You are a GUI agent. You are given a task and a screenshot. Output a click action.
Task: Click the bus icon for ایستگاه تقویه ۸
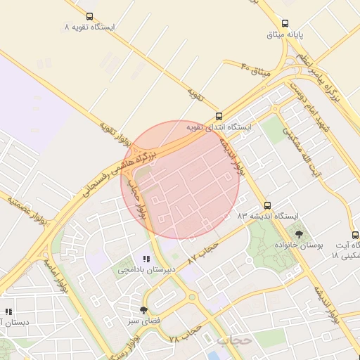89,16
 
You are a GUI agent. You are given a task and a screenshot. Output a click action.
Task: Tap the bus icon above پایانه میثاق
285,23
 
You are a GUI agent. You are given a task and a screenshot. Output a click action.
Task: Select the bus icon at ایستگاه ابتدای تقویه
219,116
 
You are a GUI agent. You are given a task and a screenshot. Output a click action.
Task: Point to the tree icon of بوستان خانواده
300,234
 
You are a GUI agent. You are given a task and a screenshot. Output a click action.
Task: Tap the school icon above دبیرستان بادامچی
146,259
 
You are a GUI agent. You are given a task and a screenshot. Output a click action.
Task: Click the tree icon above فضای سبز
144,310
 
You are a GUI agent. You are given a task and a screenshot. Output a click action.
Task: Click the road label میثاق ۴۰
255,70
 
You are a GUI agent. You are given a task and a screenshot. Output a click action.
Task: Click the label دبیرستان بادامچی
143,270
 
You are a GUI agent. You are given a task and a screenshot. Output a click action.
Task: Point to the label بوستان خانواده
300,245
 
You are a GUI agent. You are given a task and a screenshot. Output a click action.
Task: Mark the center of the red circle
181,179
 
